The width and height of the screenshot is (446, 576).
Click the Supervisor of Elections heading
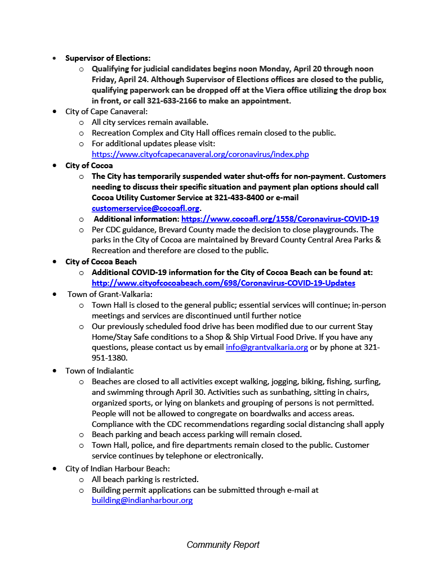tap(108, 58)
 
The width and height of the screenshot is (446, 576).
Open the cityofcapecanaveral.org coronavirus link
tap(200, 154)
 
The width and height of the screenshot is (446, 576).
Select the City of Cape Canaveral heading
tap(106, 111)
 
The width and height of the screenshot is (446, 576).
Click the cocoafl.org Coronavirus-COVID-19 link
tap(280, 219)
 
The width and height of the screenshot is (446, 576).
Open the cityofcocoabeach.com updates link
tap(223, 283)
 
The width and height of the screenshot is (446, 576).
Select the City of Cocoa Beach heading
tap(101, 262)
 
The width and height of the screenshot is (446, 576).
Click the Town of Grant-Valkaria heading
tap(110, 294)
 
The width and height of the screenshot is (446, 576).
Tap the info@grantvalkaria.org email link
tap(266, 348)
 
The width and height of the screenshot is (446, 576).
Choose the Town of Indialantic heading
tap(100, 371)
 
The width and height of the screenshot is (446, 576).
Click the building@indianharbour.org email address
tap(142, 500)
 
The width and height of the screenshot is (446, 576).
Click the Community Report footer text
tap(223, 544)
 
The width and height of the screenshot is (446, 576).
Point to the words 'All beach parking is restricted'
tap(145, 479)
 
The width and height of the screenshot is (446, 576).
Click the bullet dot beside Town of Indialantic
tap(54, 371)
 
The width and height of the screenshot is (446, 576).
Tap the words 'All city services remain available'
tap(150, 122)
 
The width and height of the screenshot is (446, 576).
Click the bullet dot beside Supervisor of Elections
tap(54, 58)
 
